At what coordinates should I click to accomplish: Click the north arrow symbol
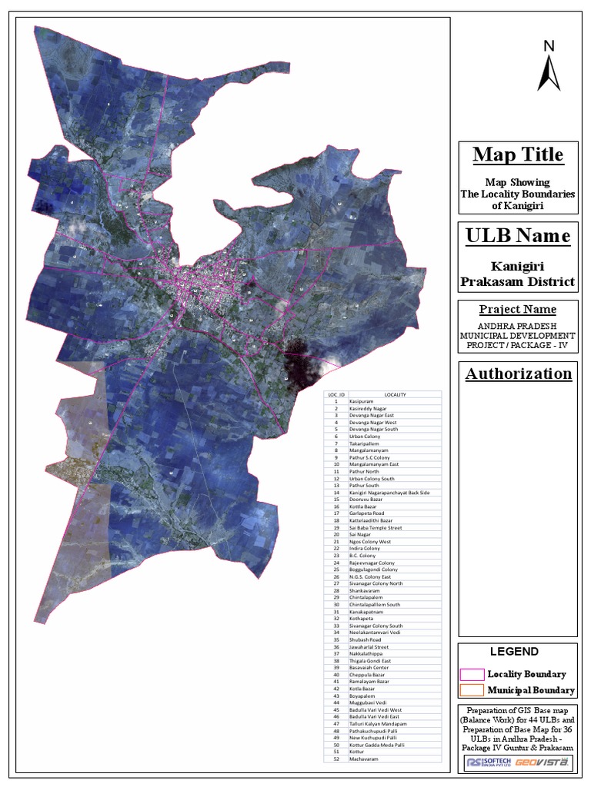[549, 75]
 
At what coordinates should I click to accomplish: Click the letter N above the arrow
[549, 46]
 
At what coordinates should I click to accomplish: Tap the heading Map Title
[517, 154]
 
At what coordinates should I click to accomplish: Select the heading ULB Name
[517, 235]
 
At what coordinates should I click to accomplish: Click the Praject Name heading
[517, 309]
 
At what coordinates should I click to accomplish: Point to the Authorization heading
[517, 374]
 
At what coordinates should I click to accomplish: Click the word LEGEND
[515, 652]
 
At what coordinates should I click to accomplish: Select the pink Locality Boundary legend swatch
[471, 674]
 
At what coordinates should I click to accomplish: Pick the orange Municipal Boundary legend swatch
[471, 690]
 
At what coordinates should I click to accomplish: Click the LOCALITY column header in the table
[395, 394]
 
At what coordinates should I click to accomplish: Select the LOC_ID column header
[336, 394]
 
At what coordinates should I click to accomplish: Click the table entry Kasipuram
[361, 401]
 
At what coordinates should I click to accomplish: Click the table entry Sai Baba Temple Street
[375, 527]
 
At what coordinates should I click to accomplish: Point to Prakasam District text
[517, 281]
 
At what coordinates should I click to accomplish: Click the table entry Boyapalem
[362, 696]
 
